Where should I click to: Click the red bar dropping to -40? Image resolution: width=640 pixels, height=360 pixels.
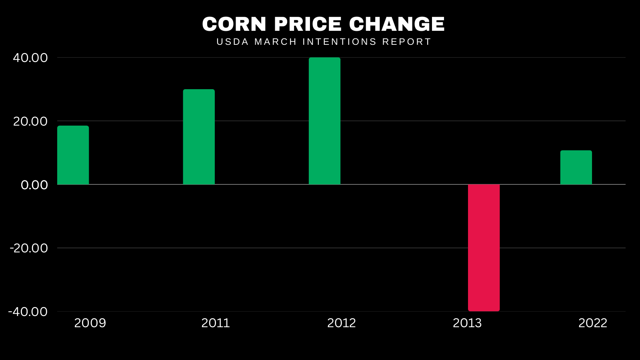point(484,248)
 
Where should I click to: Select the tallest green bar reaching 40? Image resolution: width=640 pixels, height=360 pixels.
point(324,121)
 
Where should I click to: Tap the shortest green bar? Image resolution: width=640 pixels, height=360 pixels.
point(576,168)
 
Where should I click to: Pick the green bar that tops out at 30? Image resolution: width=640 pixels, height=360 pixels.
point(199,137)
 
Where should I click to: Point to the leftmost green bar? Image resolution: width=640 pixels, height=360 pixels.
point(73,155)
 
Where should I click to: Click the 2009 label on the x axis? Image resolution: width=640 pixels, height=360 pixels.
point(90,323)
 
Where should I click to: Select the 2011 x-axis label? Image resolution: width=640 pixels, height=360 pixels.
point(216,323)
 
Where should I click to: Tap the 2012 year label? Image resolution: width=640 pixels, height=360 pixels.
point(342,323)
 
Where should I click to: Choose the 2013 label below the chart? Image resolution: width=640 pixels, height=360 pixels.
point(467,323)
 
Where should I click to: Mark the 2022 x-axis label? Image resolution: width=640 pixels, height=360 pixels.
point(593,323)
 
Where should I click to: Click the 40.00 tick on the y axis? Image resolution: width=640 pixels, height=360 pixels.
point(30,58)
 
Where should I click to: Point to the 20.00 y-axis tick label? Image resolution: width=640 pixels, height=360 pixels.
point(30,122)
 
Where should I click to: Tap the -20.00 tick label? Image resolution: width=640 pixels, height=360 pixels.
point(29,248)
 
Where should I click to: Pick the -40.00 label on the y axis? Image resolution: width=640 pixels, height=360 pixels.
point(28,312)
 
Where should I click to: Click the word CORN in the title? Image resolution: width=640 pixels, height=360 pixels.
point(234,24)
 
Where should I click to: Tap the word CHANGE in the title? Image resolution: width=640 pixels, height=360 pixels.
point(397,24)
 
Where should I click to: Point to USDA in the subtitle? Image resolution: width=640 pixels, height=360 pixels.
point(232,42)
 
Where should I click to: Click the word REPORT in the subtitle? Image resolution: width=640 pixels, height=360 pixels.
point(406,42)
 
